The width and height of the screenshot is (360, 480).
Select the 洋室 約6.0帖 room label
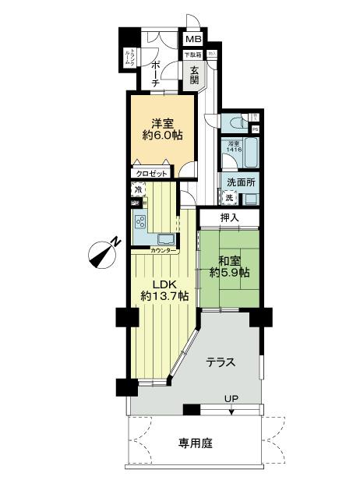(x=163, y=128)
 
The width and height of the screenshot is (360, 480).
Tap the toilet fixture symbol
(x=238, y=122)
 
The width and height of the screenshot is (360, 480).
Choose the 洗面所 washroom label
(x=241, y=183)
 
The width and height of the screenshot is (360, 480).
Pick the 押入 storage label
(x=228, y=217)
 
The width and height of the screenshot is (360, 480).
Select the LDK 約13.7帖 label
(x=164, y=290)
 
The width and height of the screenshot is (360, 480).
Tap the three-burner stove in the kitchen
(x=142, y=221)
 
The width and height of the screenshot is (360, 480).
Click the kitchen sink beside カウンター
(x=166, y=238)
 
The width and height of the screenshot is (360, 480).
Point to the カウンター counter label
(x=164, y=250)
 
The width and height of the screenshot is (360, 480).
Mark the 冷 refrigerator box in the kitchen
(x=138, y=189)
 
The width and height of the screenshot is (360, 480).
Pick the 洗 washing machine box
(x=229, y=198)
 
